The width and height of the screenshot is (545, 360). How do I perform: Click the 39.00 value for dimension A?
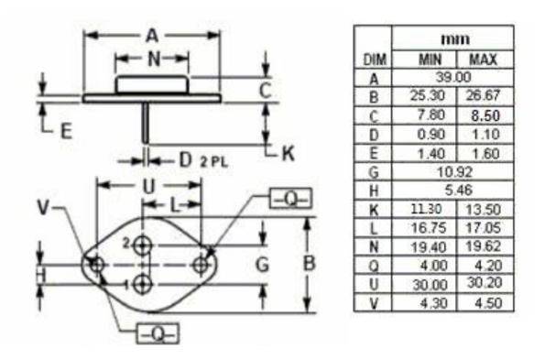coord(453,77)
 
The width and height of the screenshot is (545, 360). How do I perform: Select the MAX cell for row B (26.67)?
coord(483,95)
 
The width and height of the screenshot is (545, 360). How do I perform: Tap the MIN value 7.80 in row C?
coord(431,115)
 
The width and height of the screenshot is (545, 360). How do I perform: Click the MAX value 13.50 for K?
coord(483,210)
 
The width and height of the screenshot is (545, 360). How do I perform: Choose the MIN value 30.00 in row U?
coord(430,285)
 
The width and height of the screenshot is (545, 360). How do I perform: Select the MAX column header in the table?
coord(483,60)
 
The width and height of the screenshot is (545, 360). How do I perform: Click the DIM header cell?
coord(375,60)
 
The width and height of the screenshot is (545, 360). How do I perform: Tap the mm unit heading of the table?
coord(455,38)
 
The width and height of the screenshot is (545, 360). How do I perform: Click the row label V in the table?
coord(374,303)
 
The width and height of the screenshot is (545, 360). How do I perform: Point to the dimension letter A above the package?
coord(152,35)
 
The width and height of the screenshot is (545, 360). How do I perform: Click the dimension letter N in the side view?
coord(154,59)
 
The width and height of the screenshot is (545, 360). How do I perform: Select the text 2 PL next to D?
coord(213,162)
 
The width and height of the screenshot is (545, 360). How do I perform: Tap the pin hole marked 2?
coord(143,245)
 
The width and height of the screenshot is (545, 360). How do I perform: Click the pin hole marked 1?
coord(143,285)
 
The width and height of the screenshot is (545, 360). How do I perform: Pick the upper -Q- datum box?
coord(290,199)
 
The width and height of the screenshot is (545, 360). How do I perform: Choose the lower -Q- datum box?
coord(158,334)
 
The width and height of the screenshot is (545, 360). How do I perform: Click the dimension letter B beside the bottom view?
coord(310,263)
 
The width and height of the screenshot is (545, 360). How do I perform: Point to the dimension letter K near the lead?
coord(289,153)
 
